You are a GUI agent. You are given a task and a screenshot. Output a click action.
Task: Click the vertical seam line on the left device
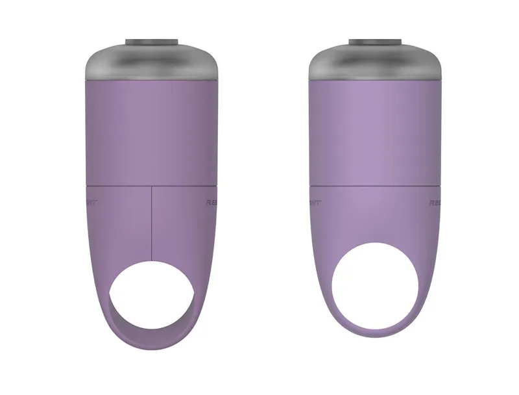(x=152, y=221)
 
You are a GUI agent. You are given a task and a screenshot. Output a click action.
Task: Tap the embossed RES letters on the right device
(x=435, y=203)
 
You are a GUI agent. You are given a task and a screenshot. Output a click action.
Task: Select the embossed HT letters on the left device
(x=91, y=202)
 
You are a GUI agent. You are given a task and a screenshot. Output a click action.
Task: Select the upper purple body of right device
(x=376, y=130)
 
